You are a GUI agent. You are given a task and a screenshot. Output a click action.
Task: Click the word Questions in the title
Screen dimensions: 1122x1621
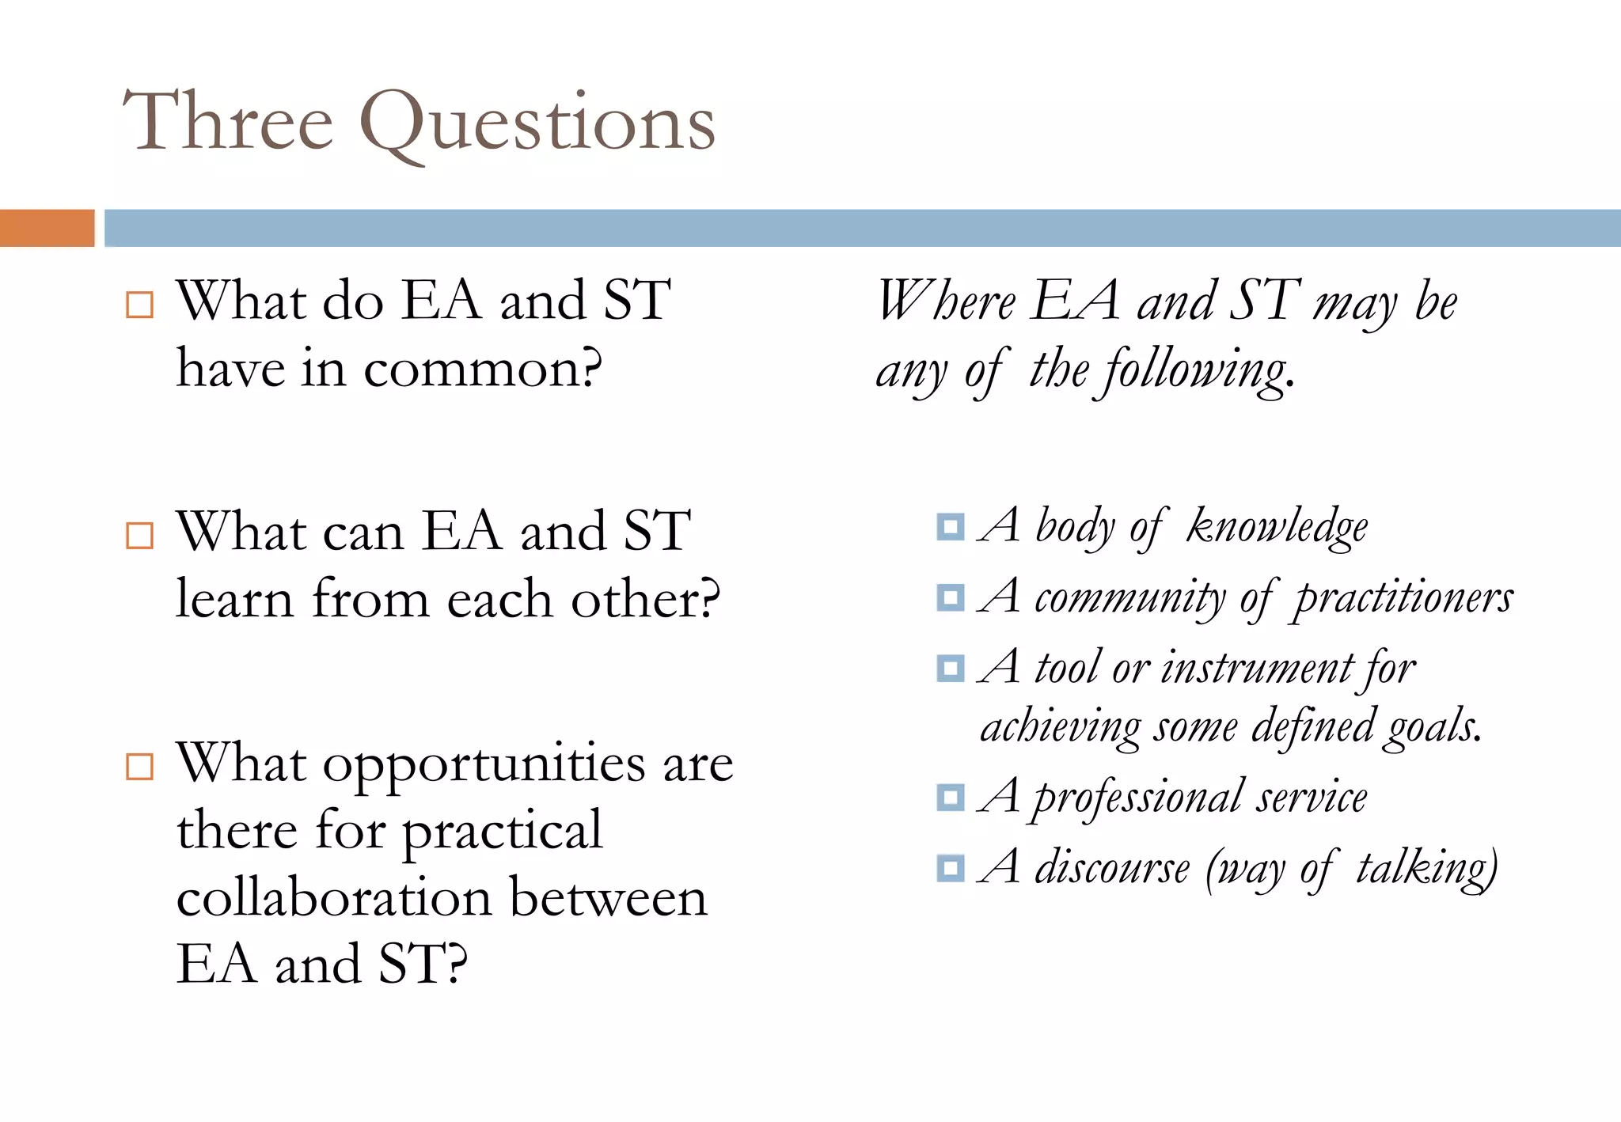(537, 124)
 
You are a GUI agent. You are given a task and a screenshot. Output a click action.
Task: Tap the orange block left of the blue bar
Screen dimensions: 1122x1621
(47, 228)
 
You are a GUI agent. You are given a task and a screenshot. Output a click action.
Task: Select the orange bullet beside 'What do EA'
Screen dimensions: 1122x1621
(139, 305)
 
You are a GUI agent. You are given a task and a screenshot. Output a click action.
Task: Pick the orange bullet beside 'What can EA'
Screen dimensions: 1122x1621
(139, 536)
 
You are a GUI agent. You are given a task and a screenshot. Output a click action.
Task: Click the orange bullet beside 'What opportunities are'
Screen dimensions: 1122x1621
(139, 766)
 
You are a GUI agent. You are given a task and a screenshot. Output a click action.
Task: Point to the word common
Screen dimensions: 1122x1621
(482, 370)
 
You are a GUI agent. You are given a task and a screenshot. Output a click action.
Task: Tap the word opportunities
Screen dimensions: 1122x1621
(484, 766)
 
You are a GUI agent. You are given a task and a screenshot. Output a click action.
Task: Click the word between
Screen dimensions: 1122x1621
(608, 898)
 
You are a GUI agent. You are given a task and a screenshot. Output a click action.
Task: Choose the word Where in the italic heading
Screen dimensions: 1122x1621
(945, 301)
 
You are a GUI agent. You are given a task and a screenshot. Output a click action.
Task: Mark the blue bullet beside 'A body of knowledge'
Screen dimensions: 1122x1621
(950, 526)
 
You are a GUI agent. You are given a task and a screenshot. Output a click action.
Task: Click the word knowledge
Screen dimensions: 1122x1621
(1277, 527)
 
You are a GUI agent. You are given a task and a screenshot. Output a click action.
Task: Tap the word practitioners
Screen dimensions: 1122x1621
(1403, 598)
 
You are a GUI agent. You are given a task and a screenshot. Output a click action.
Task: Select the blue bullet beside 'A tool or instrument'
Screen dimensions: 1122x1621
(950, 669)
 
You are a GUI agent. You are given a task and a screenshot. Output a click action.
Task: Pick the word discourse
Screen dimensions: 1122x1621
(1112, 867)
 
